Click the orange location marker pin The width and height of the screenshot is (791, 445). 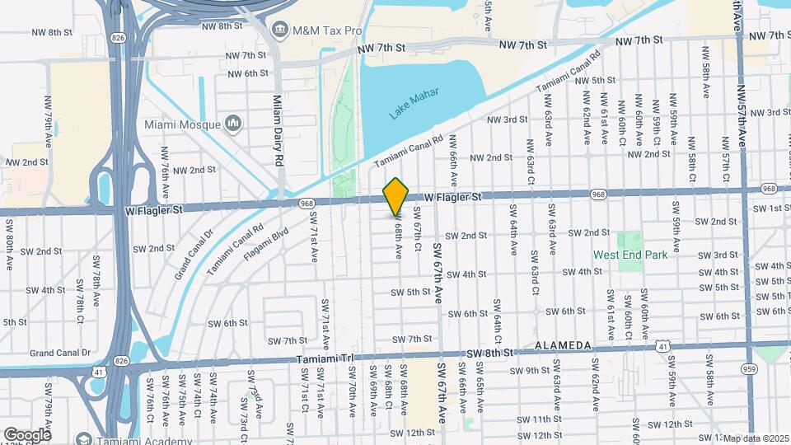(396, 197)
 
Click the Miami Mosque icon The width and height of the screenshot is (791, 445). (233, 124)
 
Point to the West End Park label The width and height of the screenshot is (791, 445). (630, 255)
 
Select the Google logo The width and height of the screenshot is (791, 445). (27, 434)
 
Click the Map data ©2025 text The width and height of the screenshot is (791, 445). (756, 438)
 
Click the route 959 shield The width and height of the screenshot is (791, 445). (748, 368)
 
